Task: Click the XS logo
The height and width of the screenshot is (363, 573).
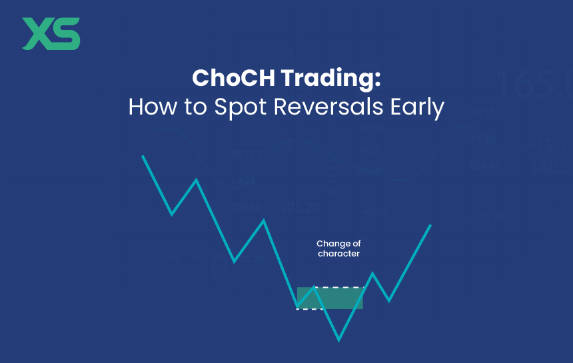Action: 51,34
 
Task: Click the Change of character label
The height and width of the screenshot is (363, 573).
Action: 338,248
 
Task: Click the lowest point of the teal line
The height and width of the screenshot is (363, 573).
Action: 339,340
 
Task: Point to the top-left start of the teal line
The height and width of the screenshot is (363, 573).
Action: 143,156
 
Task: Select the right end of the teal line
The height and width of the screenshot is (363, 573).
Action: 430,226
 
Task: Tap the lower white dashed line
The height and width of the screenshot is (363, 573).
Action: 309,309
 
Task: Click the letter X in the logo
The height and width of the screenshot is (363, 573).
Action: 37,34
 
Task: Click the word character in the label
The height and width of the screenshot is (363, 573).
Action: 338,254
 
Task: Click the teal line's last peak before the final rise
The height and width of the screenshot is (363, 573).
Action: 373,273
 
